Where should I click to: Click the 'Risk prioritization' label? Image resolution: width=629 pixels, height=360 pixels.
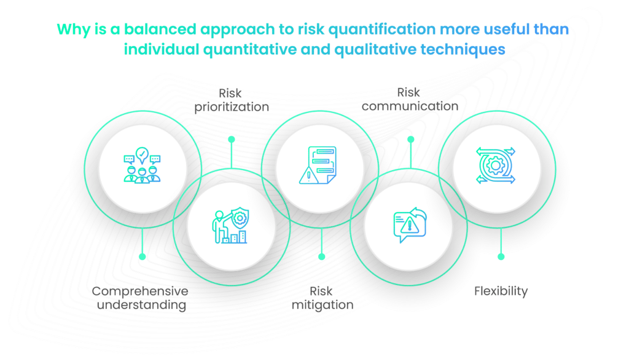click(232, 100)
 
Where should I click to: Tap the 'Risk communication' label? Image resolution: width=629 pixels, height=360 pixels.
click(410, 99)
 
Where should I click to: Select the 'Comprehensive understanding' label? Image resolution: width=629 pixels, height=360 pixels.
click(140, 298)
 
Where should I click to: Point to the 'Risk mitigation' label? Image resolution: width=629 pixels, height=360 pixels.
click(322, 298)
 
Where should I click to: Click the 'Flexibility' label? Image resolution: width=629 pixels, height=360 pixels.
click(501, 291)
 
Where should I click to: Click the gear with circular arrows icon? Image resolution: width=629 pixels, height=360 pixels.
click(496, 165)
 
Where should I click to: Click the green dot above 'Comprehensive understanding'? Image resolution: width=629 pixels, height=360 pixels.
click(143, 256)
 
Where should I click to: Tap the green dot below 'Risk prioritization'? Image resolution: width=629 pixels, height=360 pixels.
click(232, 139)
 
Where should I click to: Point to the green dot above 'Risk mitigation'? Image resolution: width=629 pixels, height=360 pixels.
click(321, 256)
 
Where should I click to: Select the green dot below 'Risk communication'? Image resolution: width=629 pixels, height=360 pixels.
click(410, 139)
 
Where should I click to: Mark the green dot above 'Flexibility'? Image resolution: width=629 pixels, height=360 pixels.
click(501, 256)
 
